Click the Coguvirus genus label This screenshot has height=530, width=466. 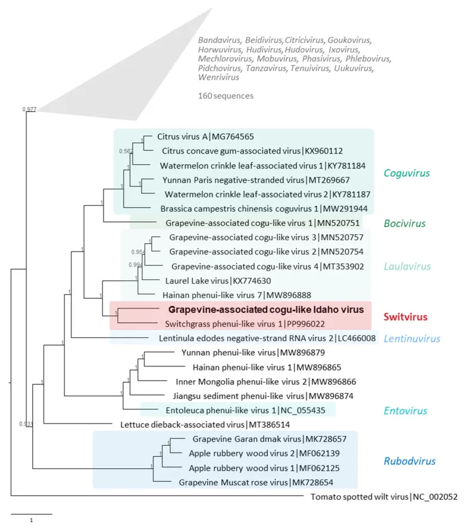[x=408, y=174]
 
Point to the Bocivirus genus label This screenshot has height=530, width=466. [x=405, y=224]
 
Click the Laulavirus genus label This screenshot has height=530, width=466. [x=406, y=266]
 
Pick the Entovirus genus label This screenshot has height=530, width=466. [x=406, y=410]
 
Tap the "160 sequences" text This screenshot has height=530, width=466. [x=225, y=95]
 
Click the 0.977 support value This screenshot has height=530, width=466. [x=29, y=109]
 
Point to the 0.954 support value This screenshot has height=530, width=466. [x=137, y=252]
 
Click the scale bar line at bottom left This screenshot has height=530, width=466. [x=31, y=513]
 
